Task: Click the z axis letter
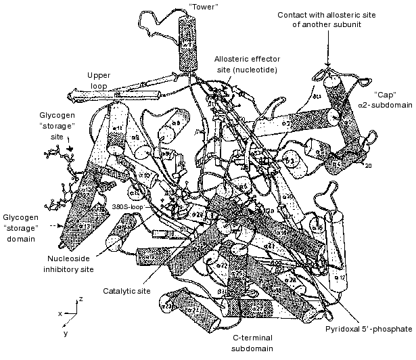coord(80,298)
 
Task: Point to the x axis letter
coord(60,313)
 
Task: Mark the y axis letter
coord(66,333)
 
